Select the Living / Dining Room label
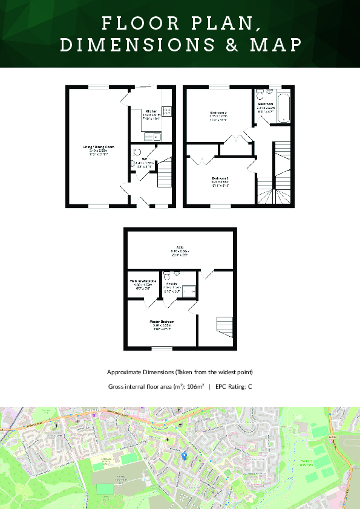pyautogui.click(x=99, y=146)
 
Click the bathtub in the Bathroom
pyautogui.click(x=283, y=108)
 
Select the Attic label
pyautogui.click(x=180, y=247)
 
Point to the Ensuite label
pyautogui.click(x=172, y=284)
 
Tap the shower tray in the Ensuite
pyautogui.click(x=189, y=291)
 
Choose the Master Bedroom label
pyautogui.click(x=162, y=321)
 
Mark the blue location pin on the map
pyautogui.click(x=185, y=457)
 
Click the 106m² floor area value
pyautogui.click(x=195, y=386)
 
